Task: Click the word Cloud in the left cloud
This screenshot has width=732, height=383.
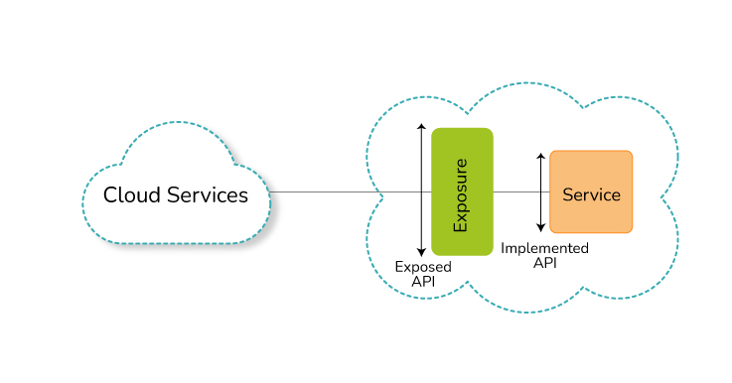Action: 132,194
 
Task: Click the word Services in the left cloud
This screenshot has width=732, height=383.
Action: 208,194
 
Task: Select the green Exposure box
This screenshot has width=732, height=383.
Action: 462,191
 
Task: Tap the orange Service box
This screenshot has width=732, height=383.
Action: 591,191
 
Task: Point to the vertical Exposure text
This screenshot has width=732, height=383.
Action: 460,195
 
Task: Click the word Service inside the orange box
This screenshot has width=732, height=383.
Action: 592,194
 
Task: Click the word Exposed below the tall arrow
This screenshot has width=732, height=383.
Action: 423,267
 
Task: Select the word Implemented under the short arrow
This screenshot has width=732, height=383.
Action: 544,248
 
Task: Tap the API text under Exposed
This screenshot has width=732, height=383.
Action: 423,282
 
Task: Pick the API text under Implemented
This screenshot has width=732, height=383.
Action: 545,263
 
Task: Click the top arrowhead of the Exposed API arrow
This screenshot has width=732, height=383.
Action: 421,126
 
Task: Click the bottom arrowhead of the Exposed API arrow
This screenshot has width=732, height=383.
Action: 421,253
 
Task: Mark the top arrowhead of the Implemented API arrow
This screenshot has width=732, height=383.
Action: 540,156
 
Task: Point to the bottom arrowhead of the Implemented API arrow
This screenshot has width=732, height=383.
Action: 540,228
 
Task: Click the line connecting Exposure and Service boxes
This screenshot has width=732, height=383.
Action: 521,191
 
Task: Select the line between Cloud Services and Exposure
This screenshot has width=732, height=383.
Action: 351,191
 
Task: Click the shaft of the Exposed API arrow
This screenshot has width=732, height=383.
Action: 421,190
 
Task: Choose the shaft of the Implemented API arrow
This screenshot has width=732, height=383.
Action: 540,192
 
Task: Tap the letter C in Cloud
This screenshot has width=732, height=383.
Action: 110,195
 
